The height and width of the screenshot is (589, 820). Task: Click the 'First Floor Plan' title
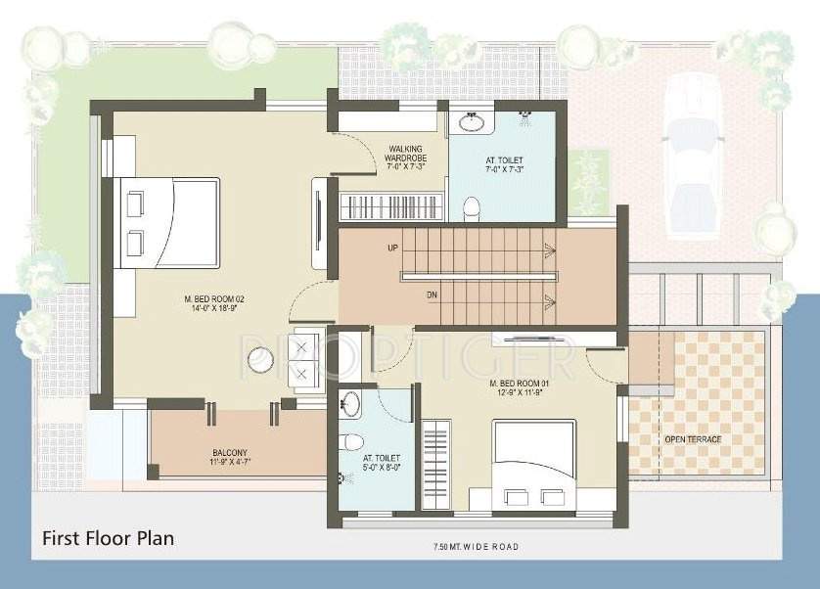(108, 538)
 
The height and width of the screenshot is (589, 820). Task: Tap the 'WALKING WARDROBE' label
(404, 154)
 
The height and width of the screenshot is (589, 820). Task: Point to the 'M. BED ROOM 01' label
(519, 384)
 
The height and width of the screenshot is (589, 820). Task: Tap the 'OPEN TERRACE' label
(693, 439)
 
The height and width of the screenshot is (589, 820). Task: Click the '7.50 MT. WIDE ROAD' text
(476, 546)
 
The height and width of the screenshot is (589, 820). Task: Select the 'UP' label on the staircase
(392, 249)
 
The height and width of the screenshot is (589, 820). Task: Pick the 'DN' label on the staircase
(432, 294)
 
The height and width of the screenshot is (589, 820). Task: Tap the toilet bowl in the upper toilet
(472, 205)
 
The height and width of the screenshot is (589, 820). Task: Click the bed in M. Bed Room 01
(533, 465)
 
